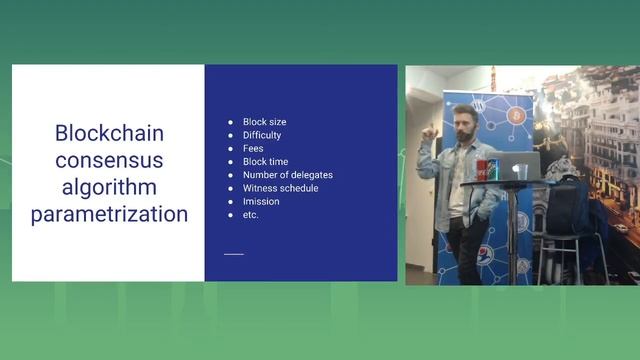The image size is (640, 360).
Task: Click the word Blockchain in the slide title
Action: tap(109, 134)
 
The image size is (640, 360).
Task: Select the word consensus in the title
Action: tap(109, 160)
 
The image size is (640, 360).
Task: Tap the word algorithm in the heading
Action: tap(109, 187)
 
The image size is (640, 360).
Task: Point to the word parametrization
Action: tap(109, 213)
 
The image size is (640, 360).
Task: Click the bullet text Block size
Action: tap(264, 122)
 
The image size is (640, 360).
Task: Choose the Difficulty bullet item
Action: tap(262, 135)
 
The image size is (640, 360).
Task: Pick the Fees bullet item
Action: tap(253, 148)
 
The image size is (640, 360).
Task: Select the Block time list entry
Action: tap(265, 161)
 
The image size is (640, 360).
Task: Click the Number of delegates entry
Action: tap(287, 175)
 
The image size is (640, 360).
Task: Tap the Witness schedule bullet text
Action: tap(279, 188)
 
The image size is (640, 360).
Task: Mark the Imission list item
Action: tap(261, 201)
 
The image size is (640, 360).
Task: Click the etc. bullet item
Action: tap(251, 215)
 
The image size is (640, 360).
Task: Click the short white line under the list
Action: tap(233, 254)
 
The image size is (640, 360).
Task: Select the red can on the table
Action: tap(482, 170)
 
